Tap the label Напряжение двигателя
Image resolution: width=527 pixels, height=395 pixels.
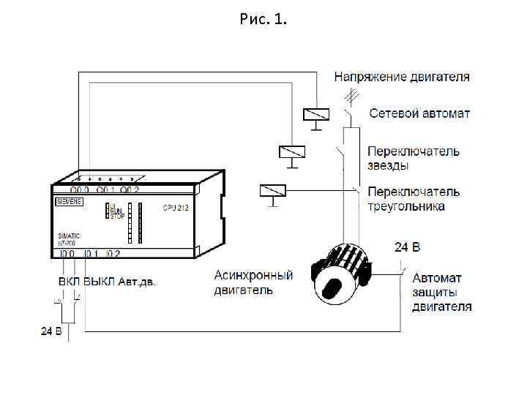point(402,76)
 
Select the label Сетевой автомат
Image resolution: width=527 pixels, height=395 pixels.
point(419,113)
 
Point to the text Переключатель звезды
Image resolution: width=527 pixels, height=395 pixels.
point(413,158)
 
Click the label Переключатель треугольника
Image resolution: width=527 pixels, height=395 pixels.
point(414,198)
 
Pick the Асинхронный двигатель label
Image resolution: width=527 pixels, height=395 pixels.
point(253,282)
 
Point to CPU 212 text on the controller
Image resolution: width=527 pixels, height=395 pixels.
point(176,208)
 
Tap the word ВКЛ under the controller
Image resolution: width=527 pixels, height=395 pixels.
point(70,281)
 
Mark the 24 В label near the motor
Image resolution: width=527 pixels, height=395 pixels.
point(408,247)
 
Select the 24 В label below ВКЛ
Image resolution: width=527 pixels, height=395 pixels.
point(52,331)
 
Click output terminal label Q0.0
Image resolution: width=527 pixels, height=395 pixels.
point(81,189)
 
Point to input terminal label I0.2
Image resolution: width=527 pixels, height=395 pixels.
point(113,254)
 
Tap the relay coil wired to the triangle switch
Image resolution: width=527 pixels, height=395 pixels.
point(272,191)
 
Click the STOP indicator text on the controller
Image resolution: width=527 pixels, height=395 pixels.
point(117,217)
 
